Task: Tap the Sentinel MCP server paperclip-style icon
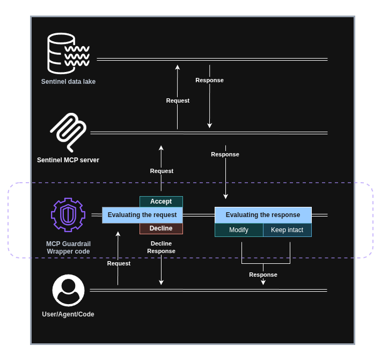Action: coord(68,132)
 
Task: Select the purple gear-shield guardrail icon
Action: coord(68,214)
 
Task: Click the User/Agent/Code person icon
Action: coord(68,290)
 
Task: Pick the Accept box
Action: coord(161,201)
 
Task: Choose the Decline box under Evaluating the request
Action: coord(161,228)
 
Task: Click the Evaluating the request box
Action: coord(142,215)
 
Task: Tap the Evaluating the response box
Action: coord(263,215)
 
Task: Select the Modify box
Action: coord(239,230)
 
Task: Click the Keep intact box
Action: coord(287,230)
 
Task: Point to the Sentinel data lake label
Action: coord(68,82)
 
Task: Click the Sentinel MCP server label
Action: coord(68,160)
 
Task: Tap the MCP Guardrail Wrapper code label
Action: coord(68,248)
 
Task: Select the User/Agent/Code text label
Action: coord(68,314)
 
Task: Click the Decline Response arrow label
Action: coord(161,247)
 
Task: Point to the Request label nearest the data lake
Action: coord(178,100)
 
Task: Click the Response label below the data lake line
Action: coord(209,80)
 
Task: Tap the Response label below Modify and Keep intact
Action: coord(263,275)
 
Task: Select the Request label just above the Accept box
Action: coord(162,171)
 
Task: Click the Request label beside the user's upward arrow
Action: coord(119,263)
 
